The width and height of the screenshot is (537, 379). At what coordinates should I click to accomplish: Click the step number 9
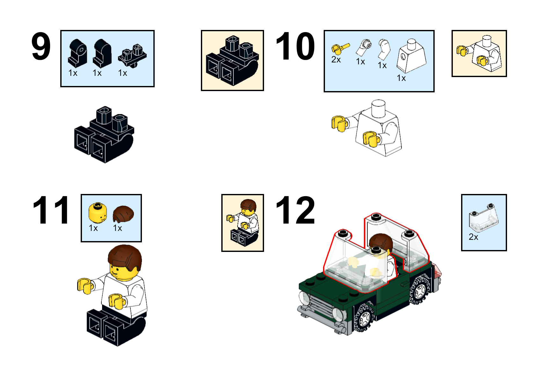tap(41, 47)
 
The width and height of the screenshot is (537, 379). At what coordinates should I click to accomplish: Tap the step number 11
tap(51, 210)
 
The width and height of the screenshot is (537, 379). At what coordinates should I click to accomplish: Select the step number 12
tap(295, 210)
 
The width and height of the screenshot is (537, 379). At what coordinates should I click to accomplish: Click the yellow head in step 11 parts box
tap(98, 212)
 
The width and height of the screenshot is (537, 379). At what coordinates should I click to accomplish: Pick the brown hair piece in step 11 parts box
tap(123, 214)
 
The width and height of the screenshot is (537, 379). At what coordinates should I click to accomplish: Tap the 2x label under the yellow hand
tap(336, 60)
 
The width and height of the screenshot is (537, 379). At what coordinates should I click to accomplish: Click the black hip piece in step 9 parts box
tap(132, 56)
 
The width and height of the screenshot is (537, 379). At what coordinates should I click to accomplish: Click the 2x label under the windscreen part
tap(473, 237)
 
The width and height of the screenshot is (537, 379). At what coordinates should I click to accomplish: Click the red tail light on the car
tap(438, 271)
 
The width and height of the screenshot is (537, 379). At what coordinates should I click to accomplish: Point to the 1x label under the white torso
tap(401, 78)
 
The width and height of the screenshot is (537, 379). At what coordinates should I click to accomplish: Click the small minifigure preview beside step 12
tap(243, 223)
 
